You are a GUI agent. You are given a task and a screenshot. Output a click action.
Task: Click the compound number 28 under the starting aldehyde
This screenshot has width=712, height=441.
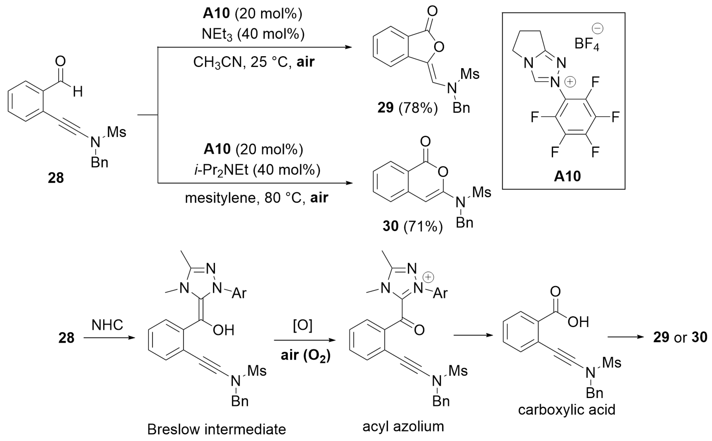pos(56,178)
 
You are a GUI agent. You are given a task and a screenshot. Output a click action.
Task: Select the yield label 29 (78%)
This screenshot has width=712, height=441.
pos(407,108)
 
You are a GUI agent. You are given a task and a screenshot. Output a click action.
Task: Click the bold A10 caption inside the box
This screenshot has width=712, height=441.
pos(567,176)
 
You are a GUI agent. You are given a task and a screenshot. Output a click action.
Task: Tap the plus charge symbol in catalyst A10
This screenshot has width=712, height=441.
pos(570,82)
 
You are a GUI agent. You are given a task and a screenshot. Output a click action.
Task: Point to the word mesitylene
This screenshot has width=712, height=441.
pos(220,198)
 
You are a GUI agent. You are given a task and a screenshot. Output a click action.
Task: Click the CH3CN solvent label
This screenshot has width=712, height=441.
pos(217,62)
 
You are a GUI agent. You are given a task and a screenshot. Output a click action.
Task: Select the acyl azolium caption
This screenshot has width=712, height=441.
pos(403,426)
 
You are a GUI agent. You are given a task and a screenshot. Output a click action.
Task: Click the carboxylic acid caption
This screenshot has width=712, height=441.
pos(567,410)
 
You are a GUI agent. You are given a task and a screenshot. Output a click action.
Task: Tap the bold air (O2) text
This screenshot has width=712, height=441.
pos(305,355)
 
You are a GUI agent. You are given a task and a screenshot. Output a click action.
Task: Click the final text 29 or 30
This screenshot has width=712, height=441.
pos(680,337)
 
